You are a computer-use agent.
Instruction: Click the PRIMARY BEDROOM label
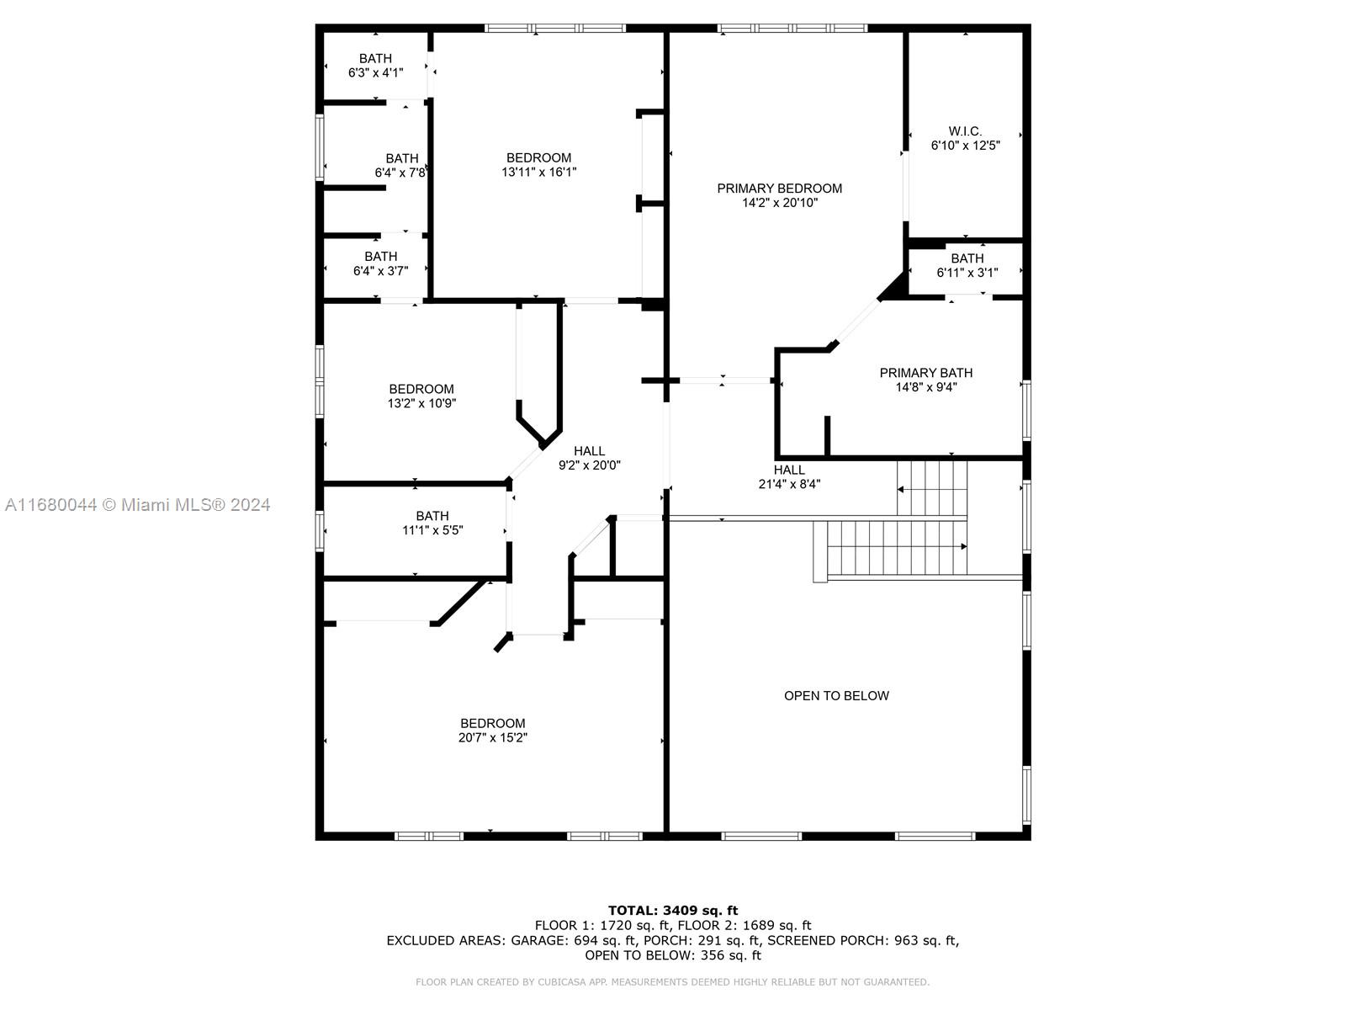pyautogui.click(x=779, y=189)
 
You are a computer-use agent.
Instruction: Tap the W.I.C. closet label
pyautogui.click(x=965, y=131)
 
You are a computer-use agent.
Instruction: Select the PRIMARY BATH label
pyautogui.click(x=926, y=373)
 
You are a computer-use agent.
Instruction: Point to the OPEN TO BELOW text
pyautogui.click(x=836, y=695)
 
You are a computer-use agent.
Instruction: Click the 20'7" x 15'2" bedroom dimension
pyautogui.click(x=492, y=738)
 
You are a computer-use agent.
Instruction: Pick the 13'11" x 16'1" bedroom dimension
pyautogui.click(x=539, y=173)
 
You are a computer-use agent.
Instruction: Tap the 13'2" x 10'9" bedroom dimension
pyautogui.click(x=422, y=403)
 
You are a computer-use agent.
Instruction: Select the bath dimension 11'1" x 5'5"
pyautogui.click(x=432, y=530)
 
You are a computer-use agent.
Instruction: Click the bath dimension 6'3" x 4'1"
pyautogui.click(x=376, y=73)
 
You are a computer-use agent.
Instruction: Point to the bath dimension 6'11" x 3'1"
pyautogui.click(x=967, y=273)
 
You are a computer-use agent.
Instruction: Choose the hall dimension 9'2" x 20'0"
pyautogui.click(x=590, y=465)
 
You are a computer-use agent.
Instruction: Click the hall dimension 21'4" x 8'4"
pyautogui.click(x=789, y=485)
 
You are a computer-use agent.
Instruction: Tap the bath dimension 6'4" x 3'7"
pyautogui.click(x=381, y=271)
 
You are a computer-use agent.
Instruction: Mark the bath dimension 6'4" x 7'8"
pyautogui.click(x=400, y=173)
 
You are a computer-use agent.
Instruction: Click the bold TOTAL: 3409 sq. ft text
pyautogui.click(x=673, y=911)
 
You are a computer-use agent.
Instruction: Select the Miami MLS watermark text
pyautogui.click(x=138, y=505)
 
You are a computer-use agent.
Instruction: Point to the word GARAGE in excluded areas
pyautogui.click(x=539, y=941)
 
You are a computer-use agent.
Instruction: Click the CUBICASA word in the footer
pyautogui.click(x=560, y=982)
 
